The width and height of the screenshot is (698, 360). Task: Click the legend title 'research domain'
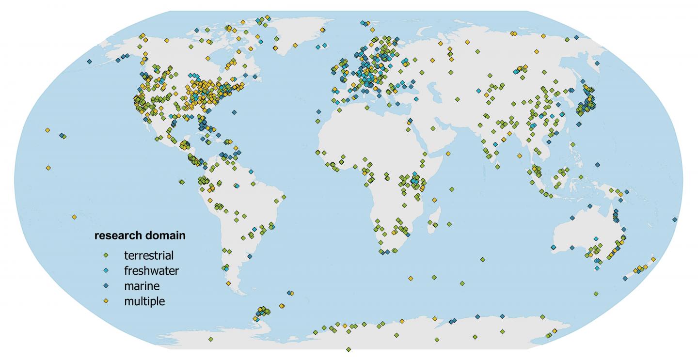coord(139,236)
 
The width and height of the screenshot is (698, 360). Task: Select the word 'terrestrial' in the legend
coord(148,255)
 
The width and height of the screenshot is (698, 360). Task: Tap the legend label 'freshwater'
coord(151,270)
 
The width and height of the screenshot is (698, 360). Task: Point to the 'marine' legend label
coord(142,286)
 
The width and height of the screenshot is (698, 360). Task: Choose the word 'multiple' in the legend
coord(144,301)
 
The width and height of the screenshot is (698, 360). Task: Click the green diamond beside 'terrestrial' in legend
coord(106,255)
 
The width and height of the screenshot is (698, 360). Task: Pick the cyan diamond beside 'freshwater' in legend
coord(106,270)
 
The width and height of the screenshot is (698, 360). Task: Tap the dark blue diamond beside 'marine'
coord(106,286)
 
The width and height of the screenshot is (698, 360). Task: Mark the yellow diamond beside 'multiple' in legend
coord(106,301)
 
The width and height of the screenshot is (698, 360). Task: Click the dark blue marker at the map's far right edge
coord(675,219)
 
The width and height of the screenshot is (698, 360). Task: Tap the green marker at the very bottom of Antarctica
coord(349,349)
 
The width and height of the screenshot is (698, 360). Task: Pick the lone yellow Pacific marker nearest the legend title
coord(74,217)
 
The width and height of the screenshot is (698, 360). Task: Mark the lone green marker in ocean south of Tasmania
coord(595,293)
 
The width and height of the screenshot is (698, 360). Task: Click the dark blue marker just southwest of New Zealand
coord(625,278)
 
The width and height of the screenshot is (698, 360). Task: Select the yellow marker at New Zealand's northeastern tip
coord(653,259)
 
